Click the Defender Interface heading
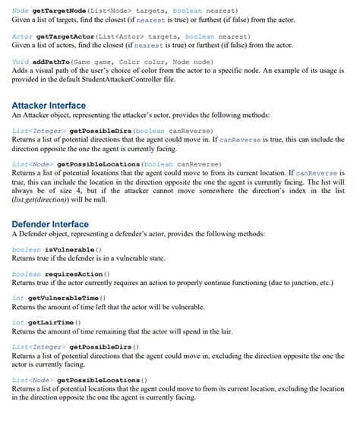point(50,224)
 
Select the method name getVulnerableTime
point(67,298)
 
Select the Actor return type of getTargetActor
point(22,36)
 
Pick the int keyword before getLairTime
point(18,322)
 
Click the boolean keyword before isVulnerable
point(27,249)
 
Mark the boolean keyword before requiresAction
point(27,274)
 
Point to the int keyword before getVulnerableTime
point(18,298)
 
